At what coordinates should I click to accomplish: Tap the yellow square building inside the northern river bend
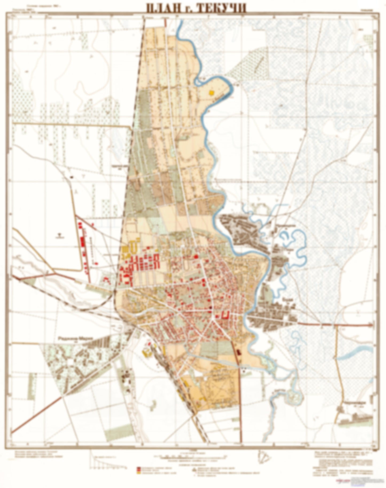point(212,93)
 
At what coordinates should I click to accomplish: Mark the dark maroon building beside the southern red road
point(239,352)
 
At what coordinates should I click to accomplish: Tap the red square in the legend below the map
point(138,469)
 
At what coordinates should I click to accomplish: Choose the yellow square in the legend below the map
point(138,472)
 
